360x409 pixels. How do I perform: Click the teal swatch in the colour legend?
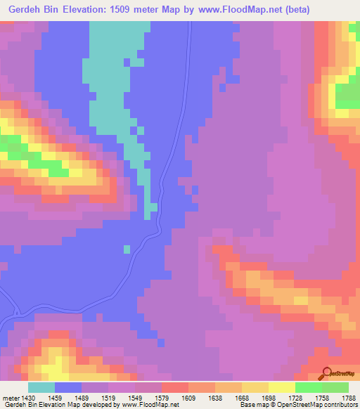(41, 387)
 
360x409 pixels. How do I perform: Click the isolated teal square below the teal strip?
(127, 249)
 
